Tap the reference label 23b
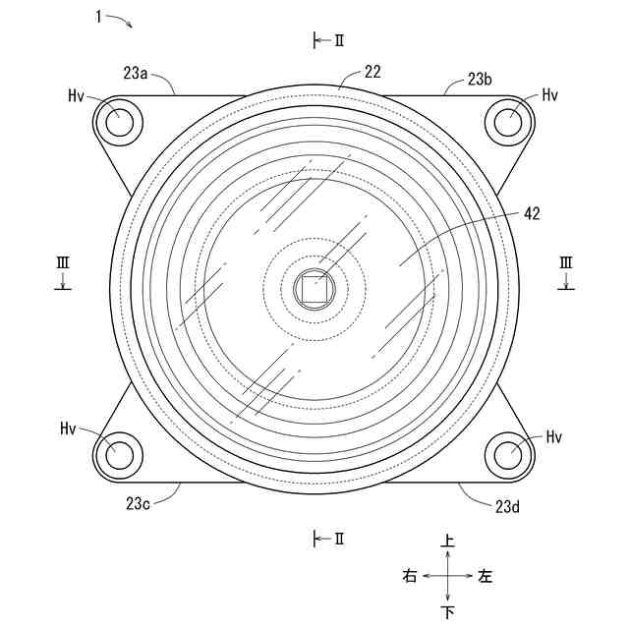480,80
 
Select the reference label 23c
139,502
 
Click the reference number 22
372,72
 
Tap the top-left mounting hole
120,122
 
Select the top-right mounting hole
508,122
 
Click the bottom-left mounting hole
120,455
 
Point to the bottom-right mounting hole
508,455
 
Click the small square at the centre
314,289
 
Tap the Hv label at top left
77,95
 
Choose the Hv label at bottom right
554,435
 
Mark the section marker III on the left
62,262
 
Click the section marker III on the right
566,262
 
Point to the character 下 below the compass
448,612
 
